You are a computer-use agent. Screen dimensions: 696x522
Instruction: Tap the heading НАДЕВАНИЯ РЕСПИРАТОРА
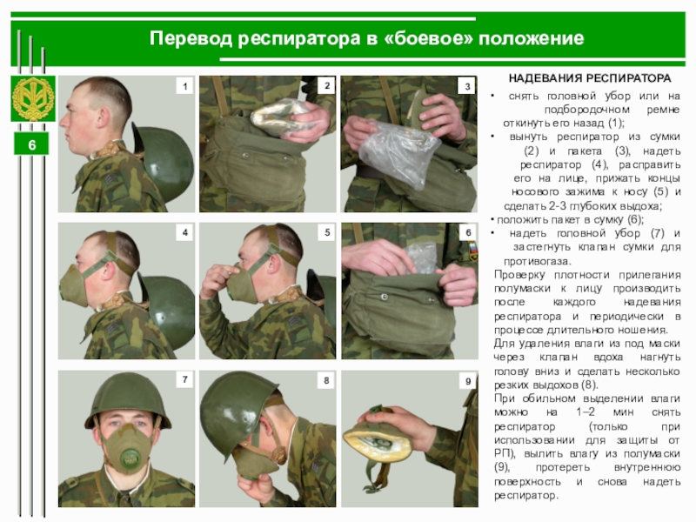point(590,78)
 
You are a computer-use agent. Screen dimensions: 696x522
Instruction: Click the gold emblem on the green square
point(33,98)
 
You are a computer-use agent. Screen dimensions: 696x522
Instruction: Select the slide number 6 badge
point(31,144)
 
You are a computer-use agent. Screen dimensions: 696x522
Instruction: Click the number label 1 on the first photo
point(184,85)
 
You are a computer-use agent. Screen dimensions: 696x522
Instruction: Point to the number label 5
point(327,232)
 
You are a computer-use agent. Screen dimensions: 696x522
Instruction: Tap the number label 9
point(468,381)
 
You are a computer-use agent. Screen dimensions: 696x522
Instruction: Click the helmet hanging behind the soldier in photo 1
point(165,162)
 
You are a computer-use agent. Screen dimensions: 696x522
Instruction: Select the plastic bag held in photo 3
point(397,154)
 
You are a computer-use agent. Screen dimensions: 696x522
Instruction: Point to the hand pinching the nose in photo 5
point(217,280)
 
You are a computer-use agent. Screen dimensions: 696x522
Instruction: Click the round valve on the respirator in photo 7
point(129,458)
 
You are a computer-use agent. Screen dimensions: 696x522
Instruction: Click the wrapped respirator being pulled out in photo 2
point(280,117)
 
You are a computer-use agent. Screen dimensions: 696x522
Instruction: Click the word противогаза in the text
point(537,261)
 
